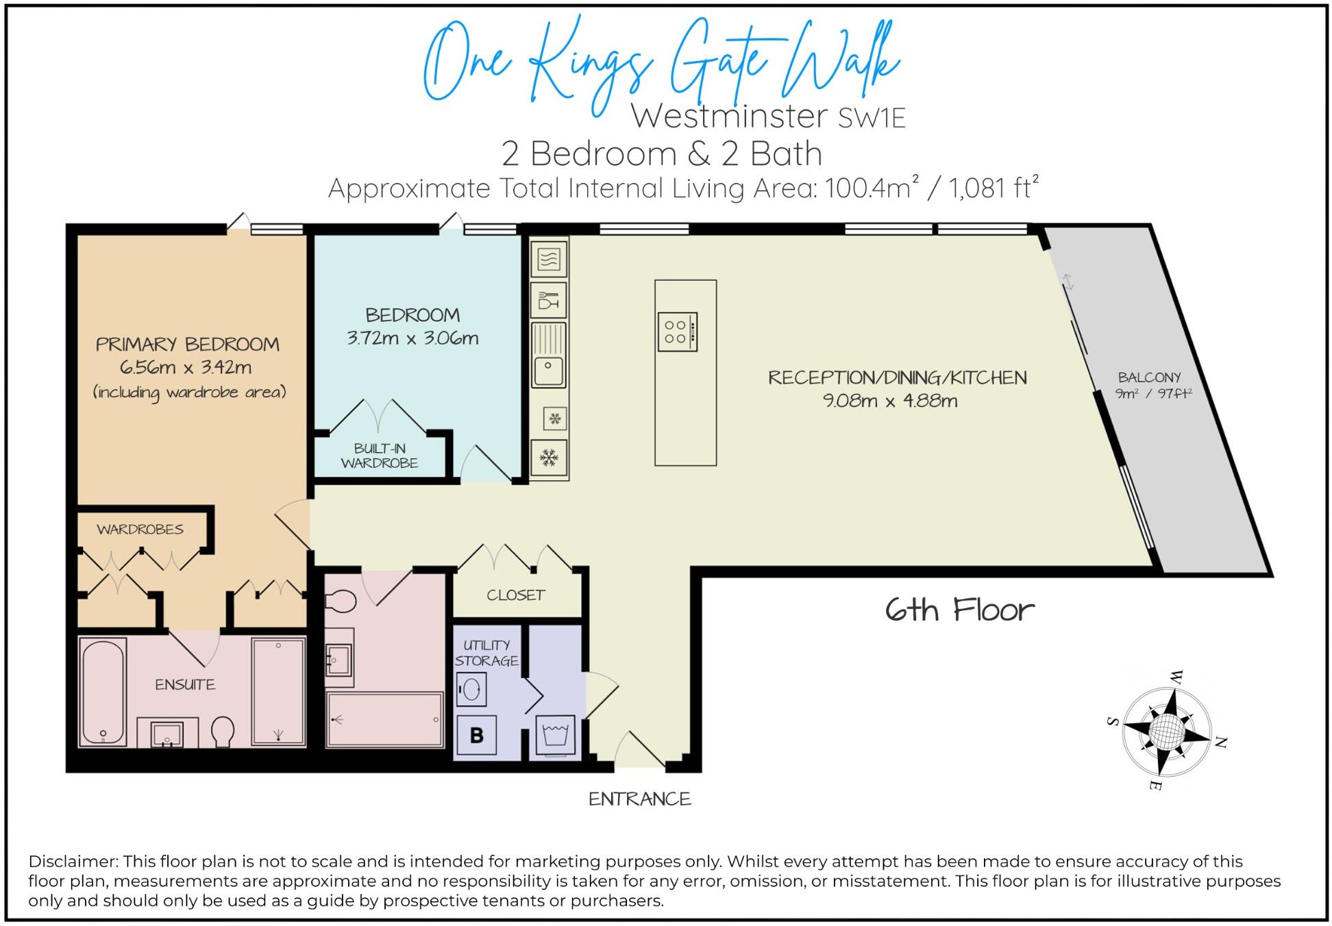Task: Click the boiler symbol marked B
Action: coord(477,735)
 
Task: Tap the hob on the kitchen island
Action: coord(677,332)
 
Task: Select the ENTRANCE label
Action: coord(640,799)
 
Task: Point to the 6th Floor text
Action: coord(959,610)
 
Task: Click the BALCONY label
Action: coord(1149,377)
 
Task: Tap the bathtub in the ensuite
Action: coord(103,692)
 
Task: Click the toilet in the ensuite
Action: coord(223,731)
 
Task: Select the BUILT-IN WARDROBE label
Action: coord(380,455)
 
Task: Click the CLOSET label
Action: coord(516,595)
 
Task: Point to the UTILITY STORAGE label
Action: coord(486,653)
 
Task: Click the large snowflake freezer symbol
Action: coord(548,458)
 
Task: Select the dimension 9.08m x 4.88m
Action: coord(889,401)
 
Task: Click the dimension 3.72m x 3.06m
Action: coord(412,338)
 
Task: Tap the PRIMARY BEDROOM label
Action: coord(187,344)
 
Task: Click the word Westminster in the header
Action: coord(729,116)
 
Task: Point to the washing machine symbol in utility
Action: coord(556,735)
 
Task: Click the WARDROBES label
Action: coord(140,529)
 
